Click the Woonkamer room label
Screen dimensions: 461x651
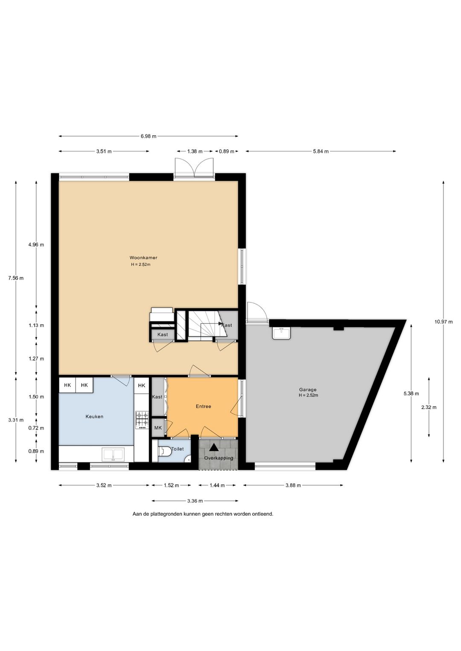pyautogui.click(x=143, y=258)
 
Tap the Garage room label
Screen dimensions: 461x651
pyautogui.click(x=308, y=390)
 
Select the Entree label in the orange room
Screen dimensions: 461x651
pyautogui.click(x=203, y=406)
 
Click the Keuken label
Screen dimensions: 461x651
pyautogui.click(x=94, y=416)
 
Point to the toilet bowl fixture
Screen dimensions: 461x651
pyautogui.click(x=165, y=451)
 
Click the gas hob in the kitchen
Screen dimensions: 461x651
pyautogui.click(x=142, y=420)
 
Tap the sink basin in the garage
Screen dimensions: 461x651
pyautogui.click(x=281, y=333)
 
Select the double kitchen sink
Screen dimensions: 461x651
pyautogui.click(x=113, y=455)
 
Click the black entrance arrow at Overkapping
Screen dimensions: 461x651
pyautogui.click(x=214, y=448)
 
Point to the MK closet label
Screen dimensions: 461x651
pyautogui.click(x=158, y=428)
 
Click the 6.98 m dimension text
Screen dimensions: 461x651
pyautogui.click(x=149, y=136)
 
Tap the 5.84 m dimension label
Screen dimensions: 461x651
pyautogui.click(x=321, y=151)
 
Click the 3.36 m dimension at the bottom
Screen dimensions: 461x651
pyautogui.click(x=195, y=501)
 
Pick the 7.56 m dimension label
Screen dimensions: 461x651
pyautogui.click(x=16, y=278)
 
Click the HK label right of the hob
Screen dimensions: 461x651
pyautogui.click(x=142, y=385)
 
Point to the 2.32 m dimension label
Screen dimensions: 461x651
pyautogui.click(x=429, y=407)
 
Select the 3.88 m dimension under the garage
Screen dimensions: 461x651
pyautogui.click(x=293, y=485)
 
